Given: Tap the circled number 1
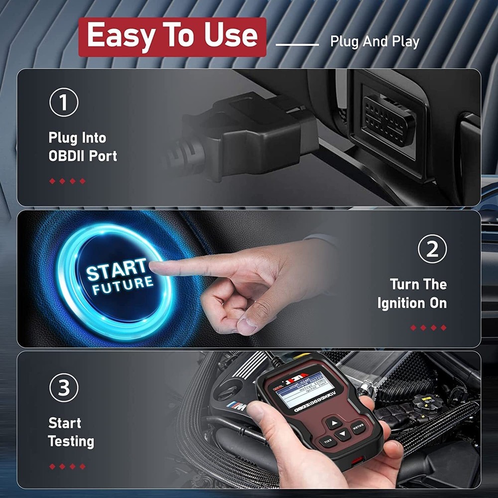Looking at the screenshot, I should (63, 103).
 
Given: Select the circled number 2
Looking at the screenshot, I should (432, 249).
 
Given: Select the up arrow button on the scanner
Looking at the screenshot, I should (335, 423).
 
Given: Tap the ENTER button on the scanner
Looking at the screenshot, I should (358, 427).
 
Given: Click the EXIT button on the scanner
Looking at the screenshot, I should (327, 441).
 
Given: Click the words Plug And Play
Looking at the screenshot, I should (374, 42).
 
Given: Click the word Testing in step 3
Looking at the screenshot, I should (71, 441).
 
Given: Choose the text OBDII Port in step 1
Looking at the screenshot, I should (83, 156).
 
